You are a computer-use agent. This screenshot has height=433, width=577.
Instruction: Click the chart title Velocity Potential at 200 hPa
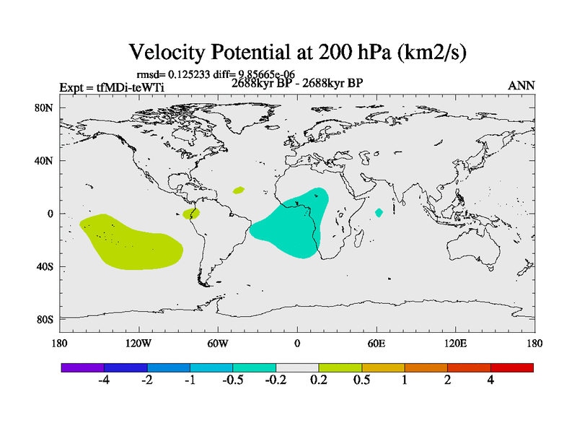(303, 52)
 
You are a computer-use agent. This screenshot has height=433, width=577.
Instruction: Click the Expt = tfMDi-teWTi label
(106, 88)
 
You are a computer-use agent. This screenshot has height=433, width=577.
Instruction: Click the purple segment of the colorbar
(83, 367)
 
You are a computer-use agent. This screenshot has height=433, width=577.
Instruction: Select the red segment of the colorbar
(512, 367)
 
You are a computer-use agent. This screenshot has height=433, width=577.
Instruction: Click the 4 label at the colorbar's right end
(490, 380)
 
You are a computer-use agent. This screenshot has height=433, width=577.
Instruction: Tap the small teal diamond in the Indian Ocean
(379, 212)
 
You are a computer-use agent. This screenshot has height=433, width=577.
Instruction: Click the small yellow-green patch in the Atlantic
(239, 191)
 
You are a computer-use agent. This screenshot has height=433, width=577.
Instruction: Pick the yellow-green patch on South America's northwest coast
(191, 214)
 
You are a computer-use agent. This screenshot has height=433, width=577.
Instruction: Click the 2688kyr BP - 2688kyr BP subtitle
(296, 83)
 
